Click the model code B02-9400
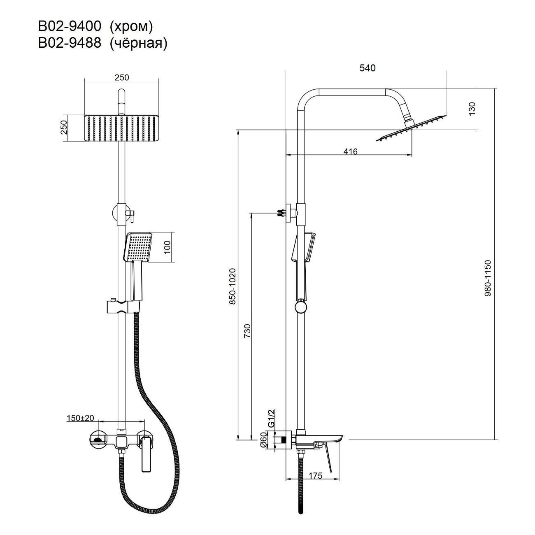(70, 27)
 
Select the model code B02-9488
(70, 43)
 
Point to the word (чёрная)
(139, 44)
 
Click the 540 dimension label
(368, 68)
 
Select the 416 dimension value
(350, 151)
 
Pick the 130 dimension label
(472, 109)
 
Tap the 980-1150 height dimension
(488, 278)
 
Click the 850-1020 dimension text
(233, 286)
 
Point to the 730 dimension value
(247, 330)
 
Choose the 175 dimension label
(316, 476)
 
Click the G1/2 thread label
(271, 418)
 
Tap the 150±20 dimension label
(80, 418)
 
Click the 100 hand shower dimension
(167, 247)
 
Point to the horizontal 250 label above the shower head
(121, 77)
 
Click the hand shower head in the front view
(137, 247)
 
